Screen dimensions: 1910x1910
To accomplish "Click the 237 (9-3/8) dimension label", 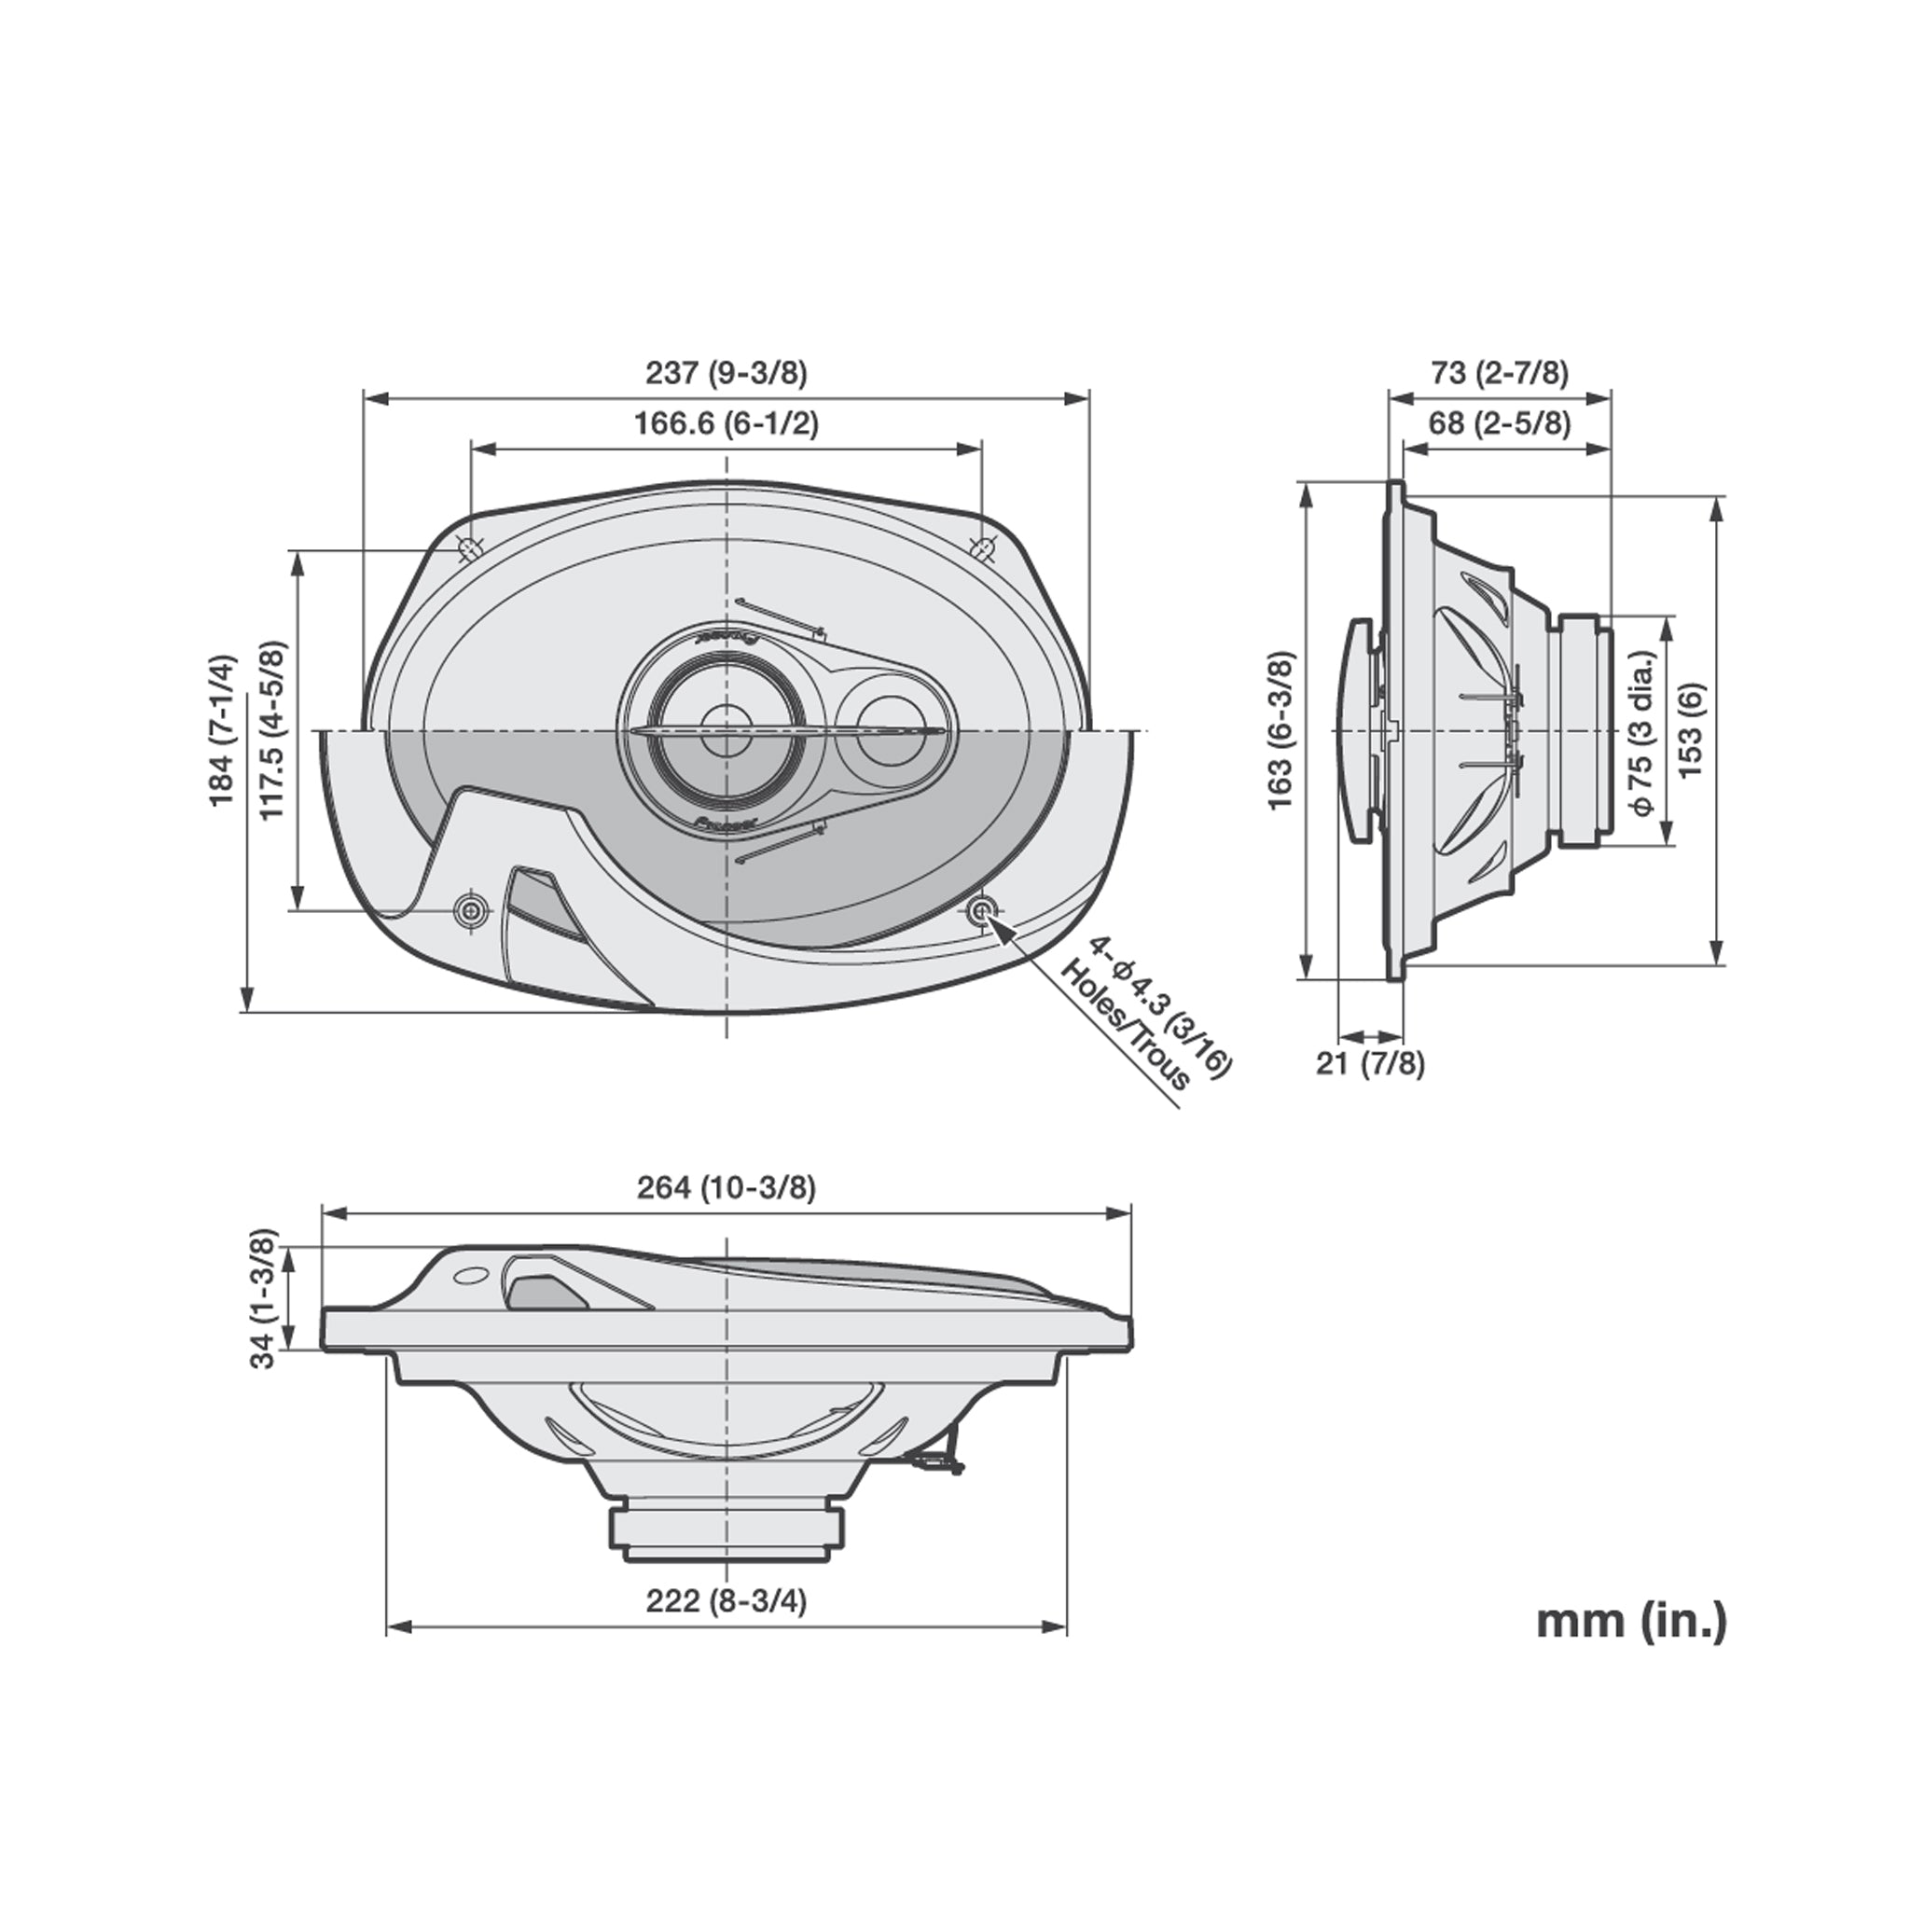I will (x=727, y=374).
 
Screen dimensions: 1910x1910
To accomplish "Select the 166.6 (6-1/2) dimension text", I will (x=727, y=424).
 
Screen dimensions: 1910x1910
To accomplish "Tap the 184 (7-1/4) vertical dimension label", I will (x=225, y=729).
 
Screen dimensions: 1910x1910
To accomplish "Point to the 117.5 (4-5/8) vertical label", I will (x=273, y=729).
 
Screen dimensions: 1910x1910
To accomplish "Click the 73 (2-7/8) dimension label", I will (x=1500, y=374).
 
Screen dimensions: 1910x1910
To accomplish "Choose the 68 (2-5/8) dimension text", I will (x=1500, y=424).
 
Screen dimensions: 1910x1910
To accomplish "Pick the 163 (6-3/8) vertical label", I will (x=1280, y=729).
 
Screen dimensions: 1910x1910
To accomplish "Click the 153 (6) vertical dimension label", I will (x=1691, y=729).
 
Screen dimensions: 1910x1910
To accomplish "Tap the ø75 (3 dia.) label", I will (x=1643, y=731).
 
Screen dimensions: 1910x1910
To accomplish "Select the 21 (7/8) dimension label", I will (x=1370, y=1065).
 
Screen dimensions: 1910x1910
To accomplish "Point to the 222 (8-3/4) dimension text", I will (x=727, y=1601).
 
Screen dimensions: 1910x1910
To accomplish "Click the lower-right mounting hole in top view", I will (x=982, y=909).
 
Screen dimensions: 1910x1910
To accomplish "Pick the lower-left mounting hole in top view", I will (x=472, y=910).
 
